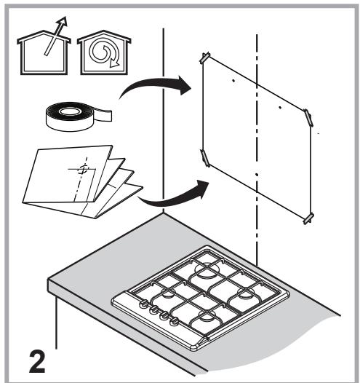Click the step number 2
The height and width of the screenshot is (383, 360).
[37, 362]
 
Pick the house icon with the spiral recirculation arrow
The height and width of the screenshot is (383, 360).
[104, 52]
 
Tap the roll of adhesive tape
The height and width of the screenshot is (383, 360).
[79, 117]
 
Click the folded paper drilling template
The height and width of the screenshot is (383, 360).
[82, 181]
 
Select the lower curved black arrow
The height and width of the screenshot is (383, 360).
[174, 194]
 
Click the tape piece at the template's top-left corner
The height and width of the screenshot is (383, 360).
[205, 58]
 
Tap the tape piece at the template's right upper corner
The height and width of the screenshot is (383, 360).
[308, 118]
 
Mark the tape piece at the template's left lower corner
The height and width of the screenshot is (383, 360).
[205, 158]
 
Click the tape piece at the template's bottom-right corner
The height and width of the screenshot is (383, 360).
[308, 218]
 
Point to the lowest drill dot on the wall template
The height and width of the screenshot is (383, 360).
[257, 175]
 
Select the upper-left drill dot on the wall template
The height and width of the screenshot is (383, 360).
[233, 80]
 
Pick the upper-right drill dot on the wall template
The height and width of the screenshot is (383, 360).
[280, 107]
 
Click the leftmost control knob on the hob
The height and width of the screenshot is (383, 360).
[143, 304]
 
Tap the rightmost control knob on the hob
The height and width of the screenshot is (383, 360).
[174, 321]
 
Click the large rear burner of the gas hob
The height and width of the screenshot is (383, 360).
[207, 270]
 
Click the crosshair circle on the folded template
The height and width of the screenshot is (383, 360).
[83, 169]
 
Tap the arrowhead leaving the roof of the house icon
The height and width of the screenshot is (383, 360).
[63, 21]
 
